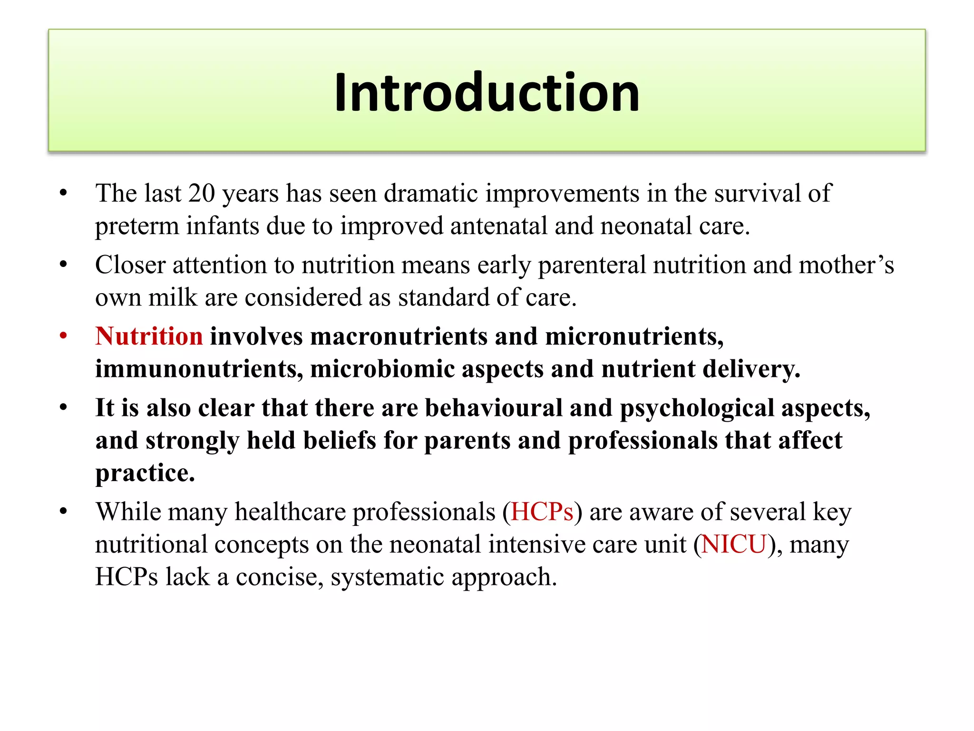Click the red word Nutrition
(149, 336)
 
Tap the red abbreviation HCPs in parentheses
(542, 512)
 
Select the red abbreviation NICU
(734, 544)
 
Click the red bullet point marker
(63, 336)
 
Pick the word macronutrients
(399, 336)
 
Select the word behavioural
(493, 408)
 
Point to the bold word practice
(145, 473)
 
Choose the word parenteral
(592, 266)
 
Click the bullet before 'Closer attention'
(63, 265)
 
